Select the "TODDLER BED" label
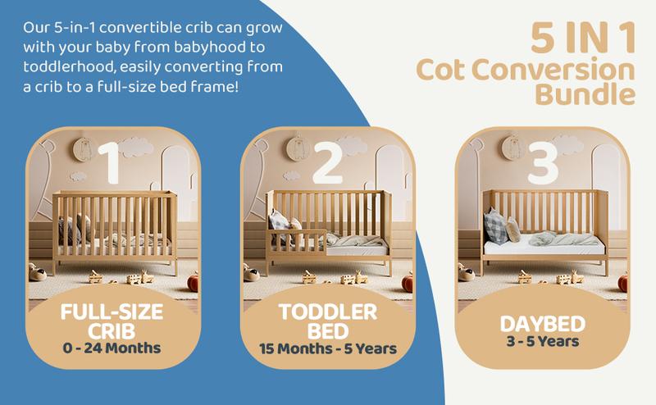pyautogui.click(x=326, y=321)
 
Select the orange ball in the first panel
pyautogui.click(x=194, y=282)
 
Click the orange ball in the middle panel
pyautogui.click(x=408, y=282)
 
